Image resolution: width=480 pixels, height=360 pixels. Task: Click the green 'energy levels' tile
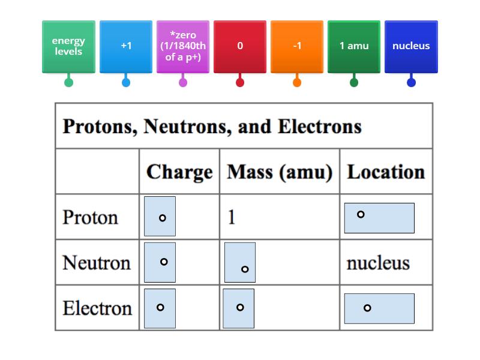tap(68, 46)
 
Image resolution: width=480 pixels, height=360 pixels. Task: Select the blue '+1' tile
tap(126, 46)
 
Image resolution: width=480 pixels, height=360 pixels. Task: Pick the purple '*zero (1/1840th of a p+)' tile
tap(183, 46)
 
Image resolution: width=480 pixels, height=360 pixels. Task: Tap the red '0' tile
tap(240, 46)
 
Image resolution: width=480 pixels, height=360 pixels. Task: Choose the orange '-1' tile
tap(297, 46)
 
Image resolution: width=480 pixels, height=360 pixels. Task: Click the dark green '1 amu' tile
tap(354, 46)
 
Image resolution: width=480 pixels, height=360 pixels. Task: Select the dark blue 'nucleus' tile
tap(411, 46)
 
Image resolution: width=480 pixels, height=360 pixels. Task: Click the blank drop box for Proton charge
tap(160, 216)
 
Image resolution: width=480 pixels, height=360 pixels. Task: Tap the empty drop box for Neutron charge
tap(160, 262)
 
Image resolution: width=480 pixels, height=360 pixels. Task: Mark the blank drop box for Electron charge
tap(160, 308)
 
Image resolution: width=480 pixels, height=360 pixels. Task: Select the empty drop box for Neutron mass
tap(240, 262)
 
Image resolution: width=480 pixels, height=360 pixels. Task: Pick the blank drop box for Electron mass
tap(238, 308)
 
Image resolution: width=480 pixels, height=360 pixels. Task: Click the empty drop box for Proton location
tap(379, 218)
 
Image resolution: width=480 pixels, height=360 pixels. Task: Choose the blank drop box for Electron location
tap(379, 308)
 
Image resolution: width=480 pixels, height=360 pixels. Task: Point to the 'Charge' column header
tap(179, 172)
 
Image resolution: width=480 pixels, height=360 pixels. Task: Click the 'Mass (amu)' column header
tap(280, 172)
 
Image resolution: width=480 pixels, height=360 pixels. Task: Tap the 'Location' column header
tap(386, 172)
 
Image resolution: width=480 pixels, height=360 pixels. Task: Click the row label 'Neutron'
tap(97, 263)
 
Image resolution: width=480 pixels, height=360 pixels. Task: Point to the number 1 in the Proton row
tap(232, 217)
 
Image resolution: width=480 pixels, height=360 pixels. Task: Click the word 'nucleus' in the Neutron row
tap(378, 263)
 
